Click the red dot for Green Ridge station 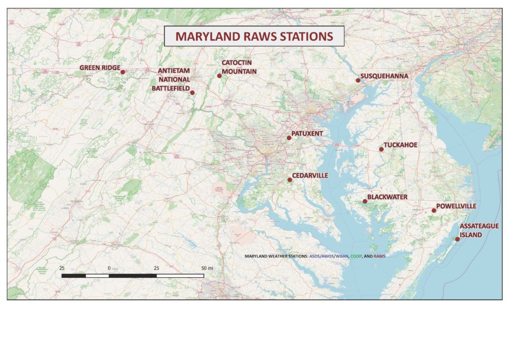123,72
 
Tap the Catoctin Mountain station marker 219,76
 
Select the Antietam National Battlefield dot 192,92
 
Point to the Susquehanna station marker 358,80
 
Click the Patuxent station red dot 289,138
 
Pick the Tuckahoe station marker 381,149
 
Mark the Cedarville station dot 290,180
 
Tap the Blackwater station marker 365,201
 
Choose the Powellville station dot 433,210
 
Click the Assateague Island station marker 457,239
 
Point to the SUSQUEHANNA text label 384,76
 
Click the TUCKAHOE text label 401,145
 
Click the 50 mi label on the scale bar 207,268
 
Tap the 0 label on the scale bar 109,268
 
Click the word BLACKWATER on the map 387,197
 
